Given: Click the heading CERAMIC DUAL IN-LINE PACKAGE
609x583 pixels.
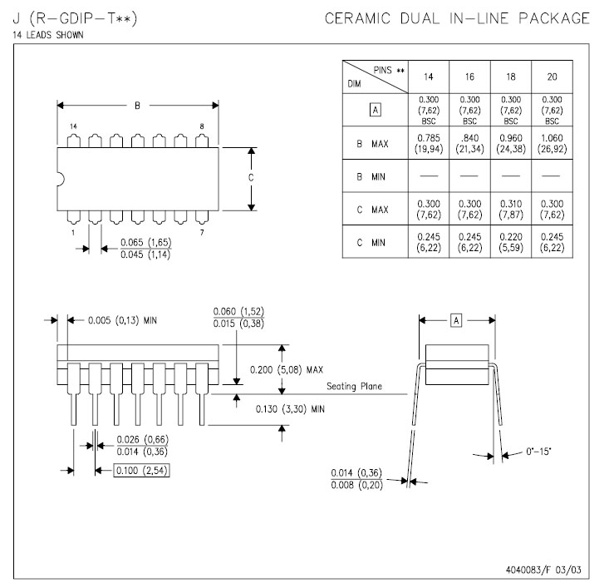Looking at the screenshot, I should (x=458, y=18).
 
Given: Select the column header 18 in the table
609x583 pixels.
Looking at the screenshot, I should (x=511, y=77).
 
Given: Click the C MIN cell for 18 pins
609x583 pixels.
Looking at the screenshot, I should (x=511, y=241).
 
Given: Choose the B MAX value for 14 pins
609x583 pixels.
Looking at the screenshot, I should (x=428, y=143).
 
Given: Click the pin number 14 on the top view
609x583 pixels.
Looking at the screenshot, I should (x=73, y=126).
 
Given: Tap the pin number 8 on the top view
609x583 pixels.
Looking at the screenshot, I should (x=201, y=126).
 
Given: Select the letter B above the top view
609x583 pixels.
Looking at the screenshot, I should (x=138, y=106).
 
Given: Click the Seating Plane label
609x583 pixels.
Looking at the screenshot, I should (x=354, y=386).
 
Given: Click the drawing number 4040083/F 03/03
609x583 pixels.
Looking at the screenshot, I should (x=544, y=571).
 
